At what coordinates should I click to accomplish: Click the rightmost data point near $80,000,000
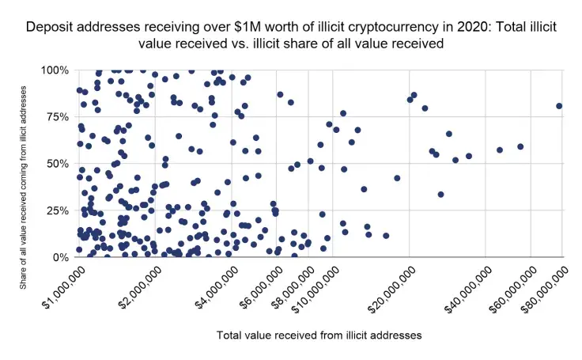click(x=559, y=106)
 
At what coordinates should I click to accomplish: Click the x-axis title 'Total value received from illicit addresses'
click(x=319, y=335)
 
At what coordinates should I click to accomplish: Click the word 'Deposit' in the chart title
click(x=50, y=26)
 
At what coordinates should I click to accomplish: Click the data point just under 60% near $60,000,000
click(x=520, y=146)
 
